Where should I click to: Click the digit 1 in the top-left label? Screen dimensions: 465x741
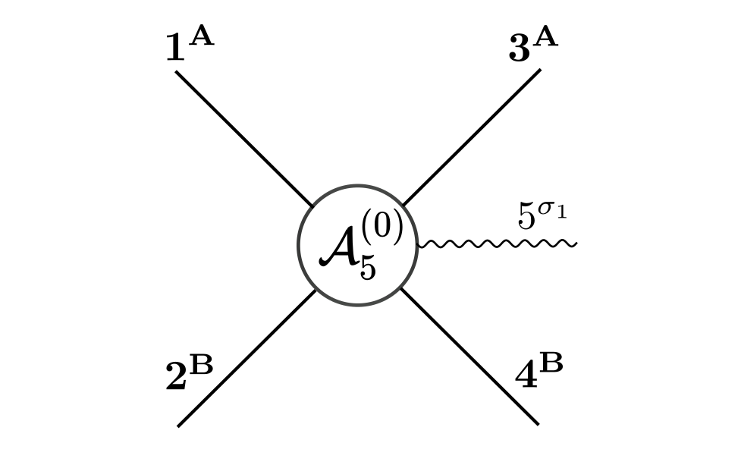pos(174,49)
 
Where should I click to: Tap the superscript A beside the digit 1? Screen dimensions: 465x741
pos(201,37)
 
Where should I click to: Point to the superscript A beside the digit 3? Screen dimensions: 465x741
pos(545,37)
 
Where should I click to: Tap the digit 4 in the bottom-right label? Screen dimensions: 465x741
pos(526,377)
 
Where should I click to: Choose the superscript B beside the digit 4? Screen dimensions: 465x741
pos(551,364)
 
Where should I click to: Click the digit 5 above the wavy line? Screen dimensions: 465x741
pos(526,216)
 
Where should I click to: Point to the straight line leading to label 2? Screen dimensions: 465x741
pos(246,358)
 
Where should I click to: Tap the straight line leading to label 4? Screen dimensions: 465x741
pos(470,357)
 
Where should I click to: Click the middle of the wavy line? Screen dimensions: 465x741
pos(497,244)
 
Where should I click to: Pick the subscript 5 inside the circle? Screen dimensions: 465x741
pos(368,268)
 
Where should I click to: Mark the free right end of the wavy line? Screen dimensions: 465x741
pos(576,244)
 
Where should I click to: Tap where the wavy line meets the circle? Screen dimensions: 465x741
pos(419,244)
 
